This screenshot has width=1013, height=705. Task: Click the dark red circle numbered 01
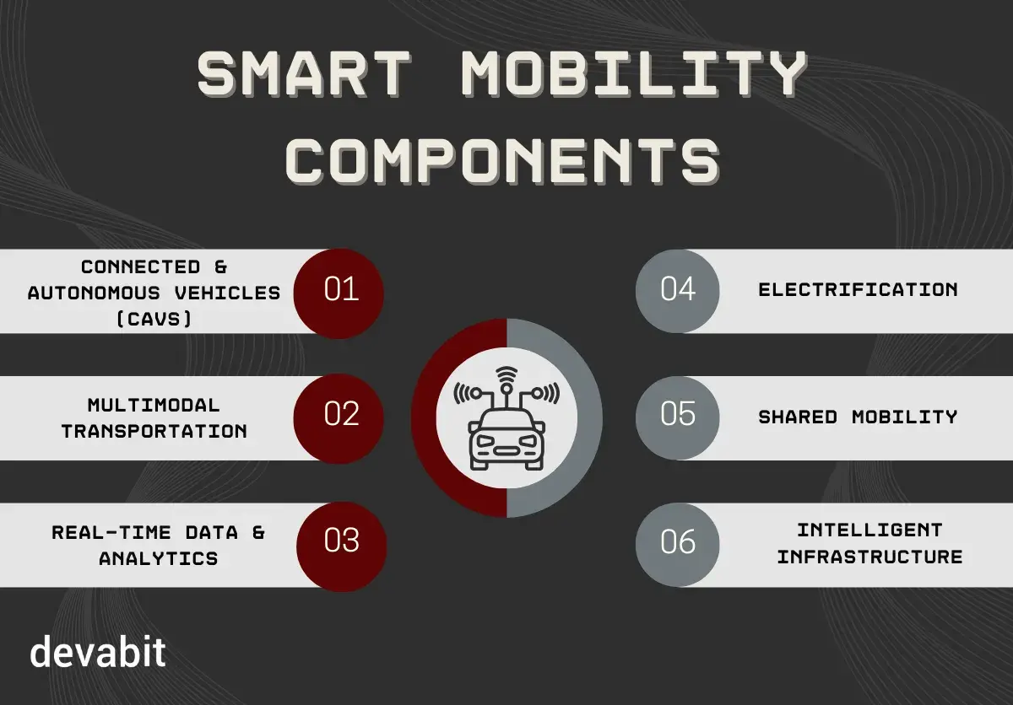(x=340, y=291)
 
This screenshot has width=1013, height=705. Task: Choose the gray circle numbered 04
(x=678, y=291)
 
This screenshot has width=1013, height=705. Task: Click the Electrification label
(x=858, y=290)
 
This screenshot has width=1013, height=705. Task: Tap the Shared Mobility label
(x=858, y=417)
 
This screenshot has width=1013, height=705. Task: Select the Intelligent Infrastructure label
(x=869, y=543)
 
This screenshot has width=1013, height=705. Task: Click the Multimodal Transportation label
(x=154, y=417)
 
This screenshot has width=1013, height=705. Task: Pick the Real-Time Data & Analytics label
(x=158, y=545)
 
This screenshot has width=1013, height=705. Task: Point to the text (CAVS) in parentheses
(x=154, y=317)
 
